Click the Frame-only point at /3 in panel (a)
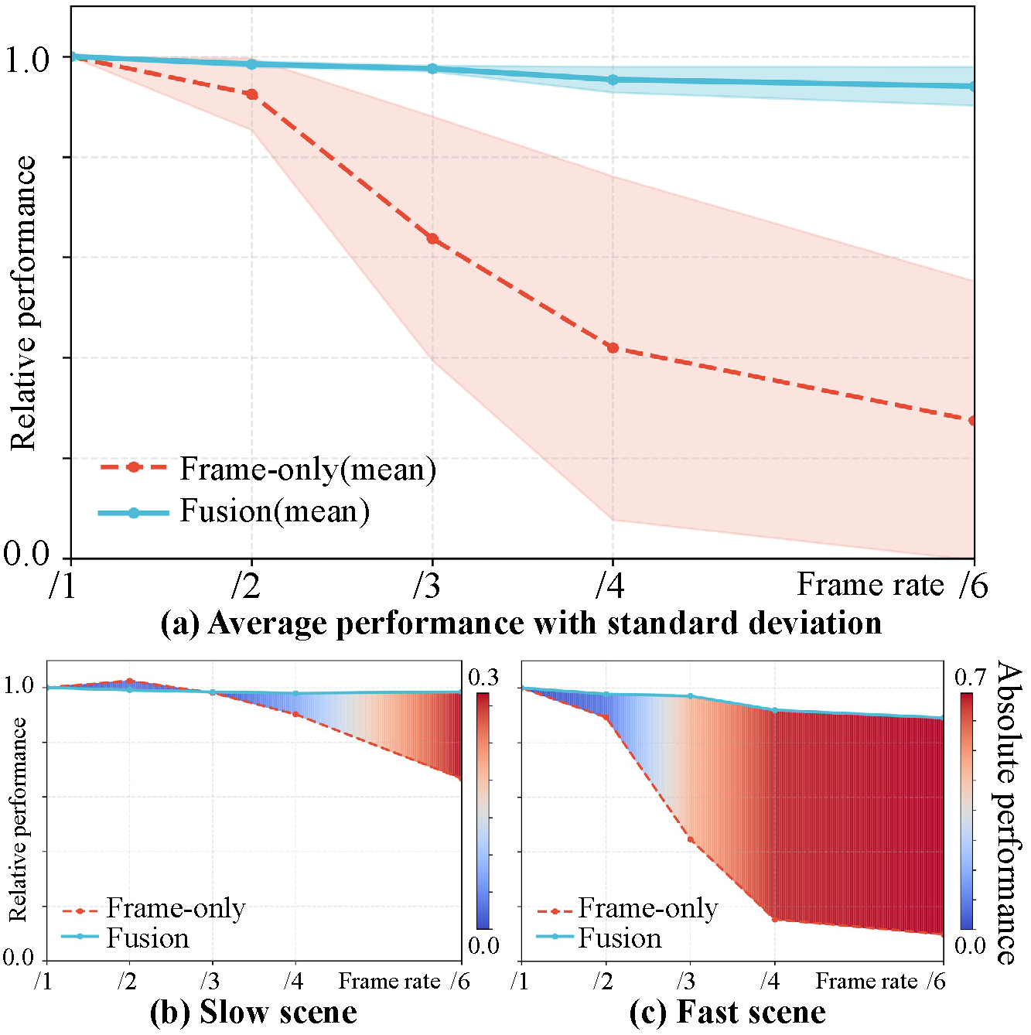click(432, 239)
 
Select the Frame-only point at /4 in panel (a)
click(613, 348)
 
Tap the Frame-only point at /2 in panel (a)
click(251, 94)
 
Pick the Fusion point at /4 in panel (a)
click(613, 80)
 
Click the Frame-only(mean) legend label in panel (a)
click(308, 469)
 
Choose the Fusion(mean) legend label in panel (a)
click(275, 511)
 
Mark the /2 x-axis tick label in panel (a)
click(246, 586)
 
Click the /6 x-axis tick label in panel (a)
click(973, 586)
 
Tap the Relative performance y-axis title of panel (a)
click(23, 303)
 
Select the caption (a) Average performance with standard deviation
click(521, 623)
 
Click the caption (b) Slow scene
click(253, 1013)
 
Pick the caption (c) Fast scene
click(727, 1013)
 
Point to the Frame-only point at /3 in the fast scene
click(691, 839)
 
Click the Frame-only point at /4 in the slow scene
click(295, 714)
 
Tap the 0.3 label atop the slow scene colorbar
click(483, 678)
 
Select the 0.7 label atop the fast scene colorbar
click(970, 678)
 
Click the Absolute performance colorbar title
click(1006, 812)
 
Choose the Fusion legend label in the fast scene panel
click(620, 938)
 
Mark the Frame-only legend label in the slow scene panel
click(176, 908)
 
